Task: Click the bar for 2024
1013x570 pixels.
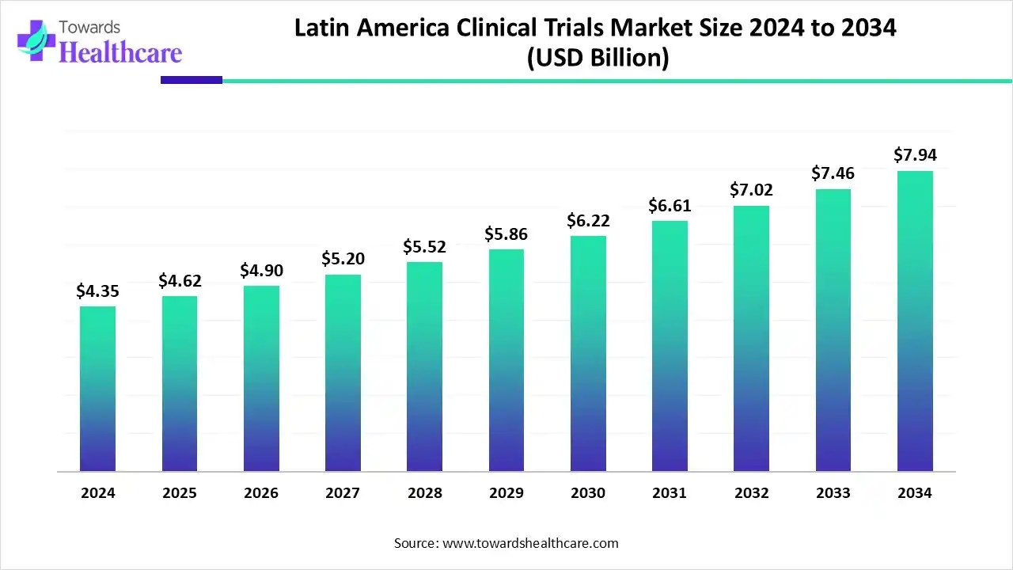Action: pyautogui.click(x=97, y=389)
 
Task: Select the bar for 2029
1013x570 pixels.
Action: pyautogui.click(x=506, y=360)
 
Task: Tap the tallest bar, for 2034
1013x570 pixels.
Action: pyautogui.click(x=915, y=321)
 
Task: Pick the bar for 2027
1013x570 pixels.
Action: pyautogui.click(x=343, y=373)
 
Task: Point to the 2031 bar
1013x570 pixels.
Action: pyautogui.click(x=670, y=346)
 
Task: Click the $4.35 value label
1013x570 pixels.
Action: pyautogui.click(x=97, y=291)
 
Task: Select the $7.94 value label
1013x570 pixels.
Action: pyautogui.click(x=915, y=155)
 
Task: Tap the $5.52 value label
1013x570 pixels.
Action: pyautogui.click(x=424, y=247)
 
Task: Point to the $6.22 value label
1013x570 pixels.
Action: pyautogui.click(x=588, y=221)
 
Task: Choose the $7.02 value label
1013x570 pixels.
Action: pyautogui.click(x=751, y=190)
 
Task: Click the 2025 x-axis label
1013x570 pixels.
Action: pyautogui.click(x=179, y=493)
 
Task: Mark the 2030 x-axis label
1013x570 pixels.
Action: pyautogui.click(x=588, y=493)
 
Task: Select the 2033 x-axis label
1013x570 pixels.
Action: pyautogui.click(x=833, y=493)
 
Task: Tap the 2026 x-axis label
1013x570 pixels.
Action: pyautogui.click(x=261, y=493)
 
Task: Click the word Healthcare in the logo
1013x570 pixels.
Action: pyautogui.click(x=120, y=52)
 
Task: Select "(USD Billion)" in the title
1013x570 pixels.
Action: pyautogui.click(x=598, y=59)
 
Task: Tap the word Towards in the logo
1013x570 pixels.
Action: pyautogui.click(x=90, y=28)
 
